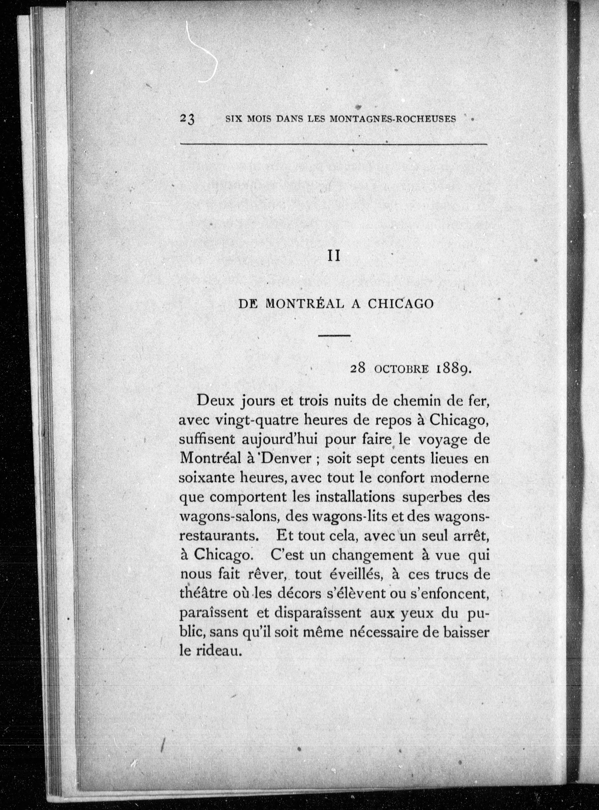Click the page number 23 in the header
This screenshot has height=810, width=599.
click(x=187, y=119)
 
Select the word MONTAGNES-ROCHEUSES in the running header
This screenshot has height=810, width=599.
click(x=393, y=119)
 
